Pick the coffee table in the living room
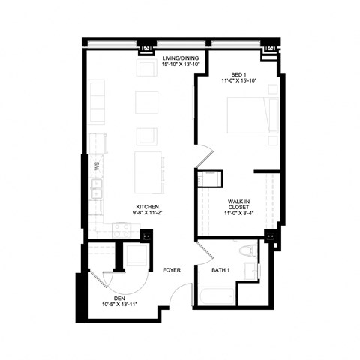[146, 101]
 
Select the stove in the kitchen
[120, 228]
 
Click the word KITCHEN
[146, 207]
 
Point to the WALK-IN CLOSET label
[239, 203]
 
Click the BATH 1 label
[221, 269]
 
